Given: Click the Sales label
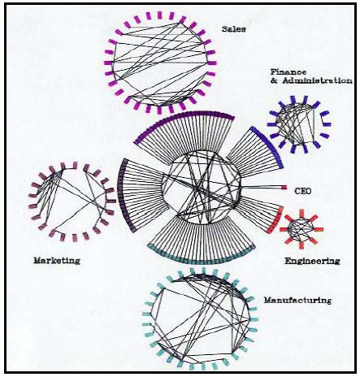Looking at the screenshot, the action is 234,29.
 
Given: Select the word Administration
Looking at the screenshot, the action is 318,80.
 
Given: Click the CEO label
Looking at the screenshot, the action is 302,191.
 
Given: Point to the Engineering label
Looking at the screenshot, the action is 312,261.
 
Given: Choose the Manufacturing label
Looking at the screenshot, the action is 297,300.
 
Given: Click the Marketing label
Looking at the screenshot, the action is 57,261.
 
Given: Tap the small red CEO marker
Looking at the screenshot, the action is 284,187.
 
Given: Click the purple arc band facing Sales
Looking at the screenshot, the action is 184,115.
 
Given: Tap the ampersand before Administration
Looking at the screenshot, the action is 274,80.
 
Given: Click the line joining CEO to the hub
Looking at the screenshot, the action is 261,187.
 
